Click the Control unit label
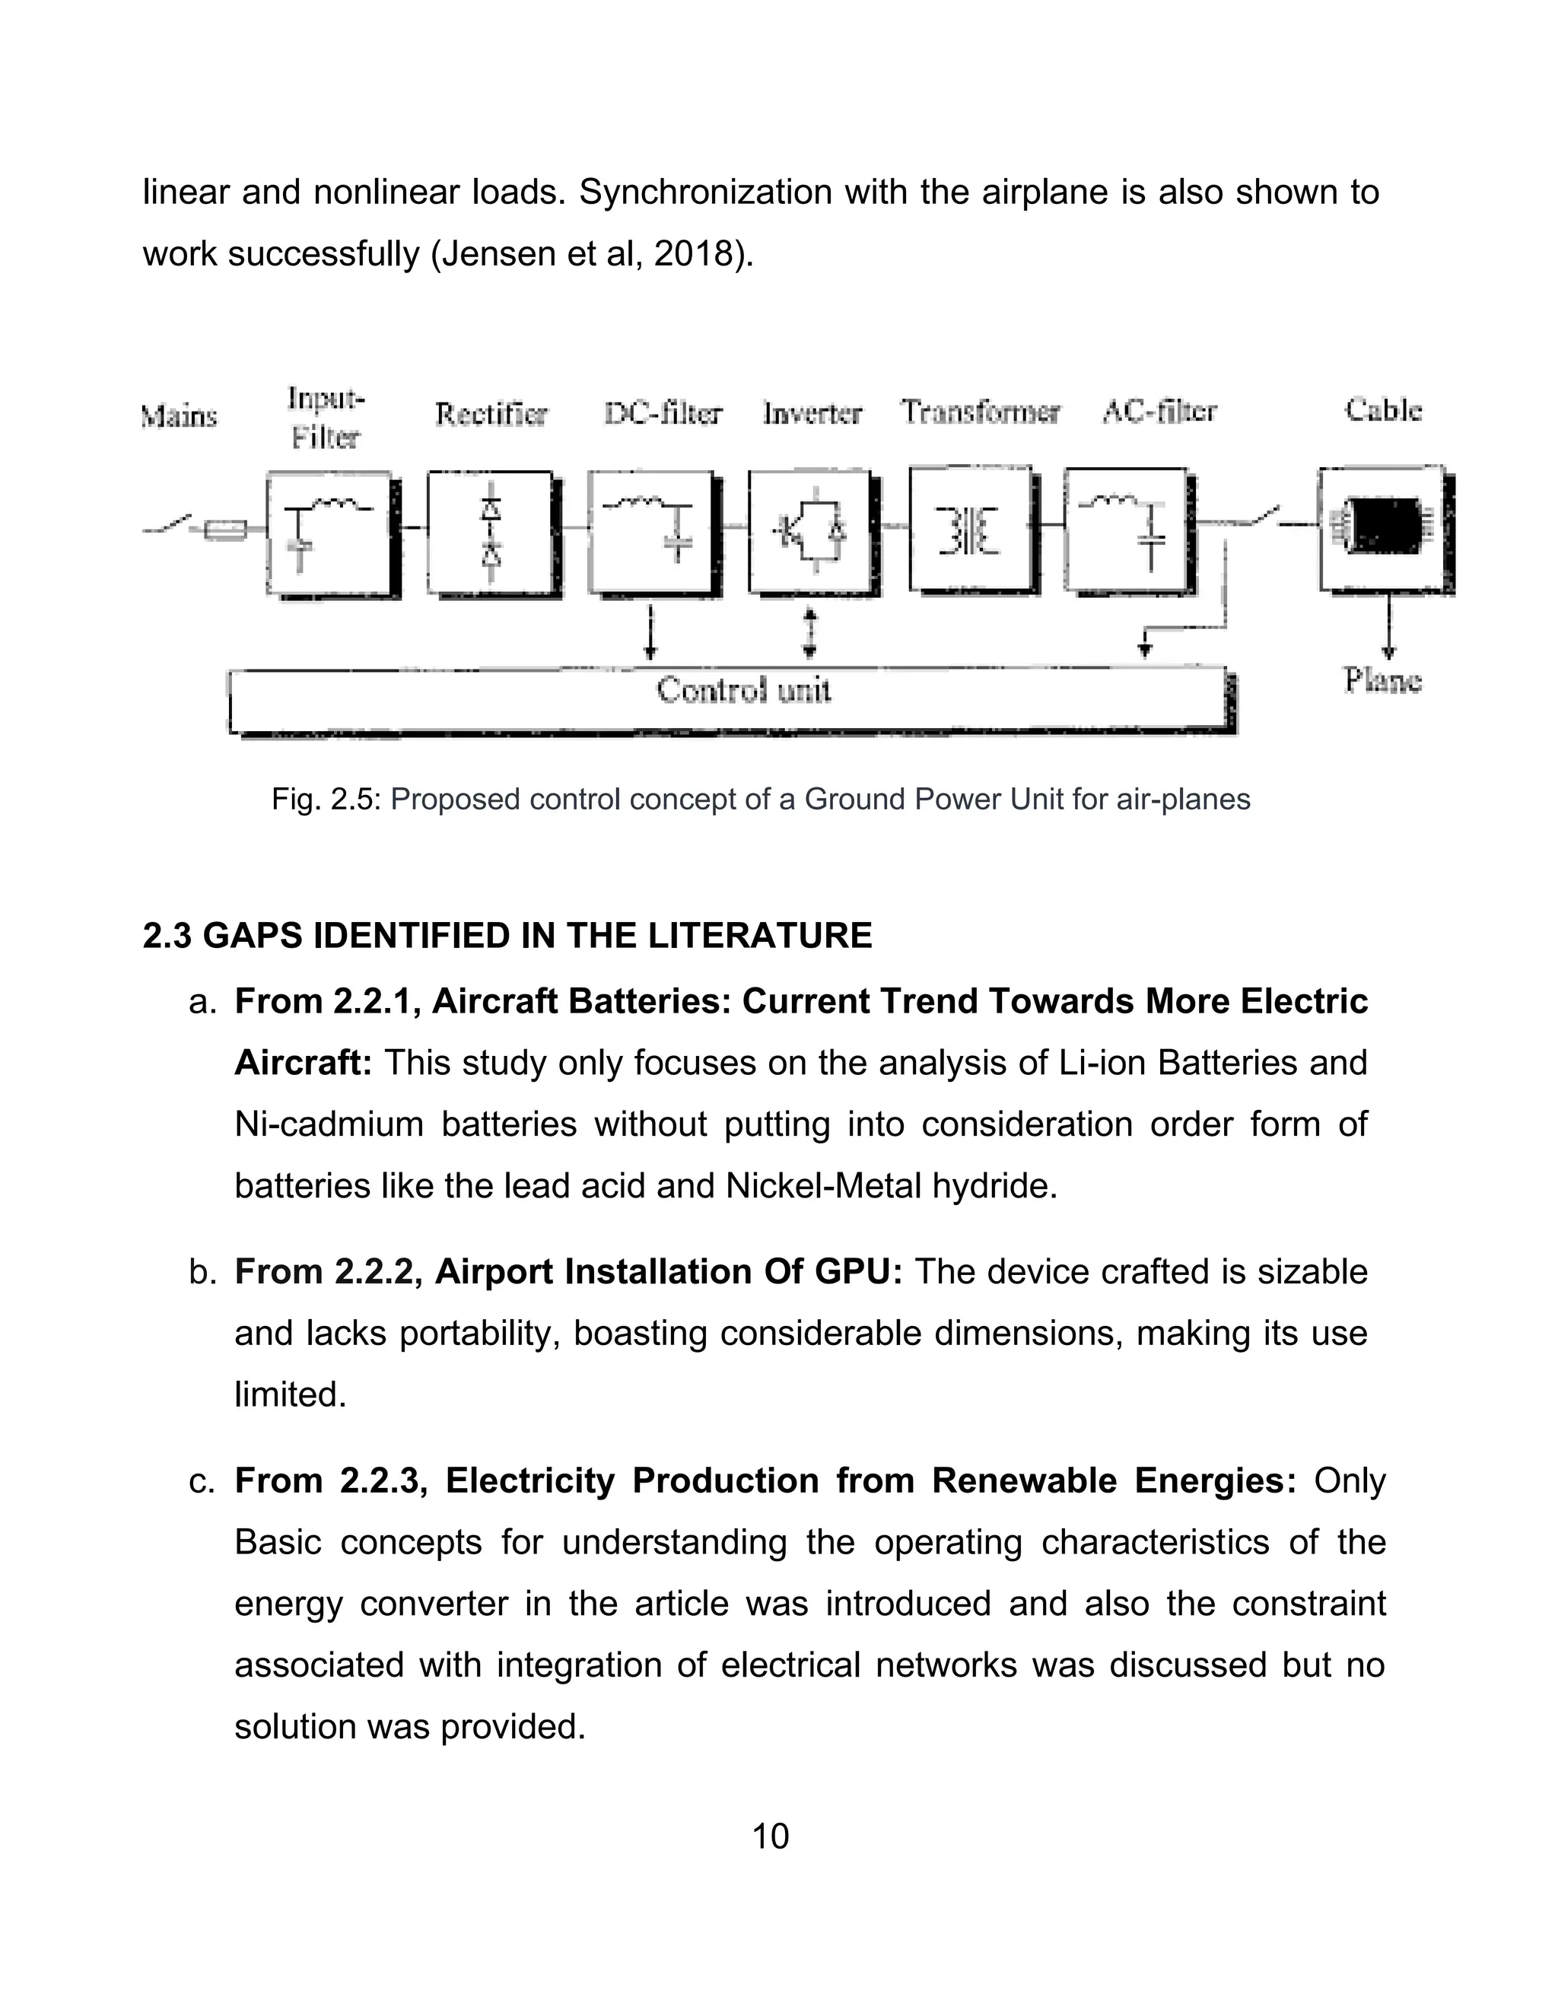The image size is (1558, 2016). [743, 689]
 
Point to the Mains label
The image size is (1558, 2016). [179, 416]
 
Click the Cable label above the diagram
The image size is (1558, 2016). [1382, 410]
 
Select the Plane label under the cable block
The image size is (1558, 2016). [1382, 680]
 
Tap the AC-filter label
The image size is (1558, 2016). [1159, 412]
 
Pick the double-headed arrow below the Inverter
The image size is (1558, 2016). [809, 632]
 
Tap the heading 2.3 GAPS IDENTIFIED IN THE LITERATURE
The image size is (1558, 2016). [507, 935]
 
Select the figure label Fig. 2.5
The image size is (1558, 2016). [326, 799]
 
